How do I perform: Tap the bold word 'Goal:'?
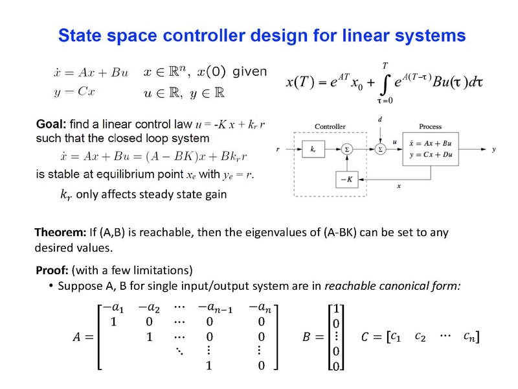click(51, 124)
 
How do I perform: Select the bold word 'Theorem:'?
click(60, 232)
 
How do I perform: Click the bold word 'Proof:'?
click(52, 270)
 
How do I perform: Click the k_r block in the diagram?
click(313, 149)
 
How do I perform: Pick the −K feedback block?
click(347, 180)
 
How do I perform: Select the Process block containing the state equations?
click(431, 149)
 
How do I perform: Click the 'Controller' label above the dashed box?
click(330, 126)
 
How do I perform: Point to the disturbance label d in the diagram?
click(380, 119)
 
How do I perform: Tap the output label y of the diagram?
click(493, 150)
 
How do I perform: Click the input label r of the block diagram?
click(278, 149)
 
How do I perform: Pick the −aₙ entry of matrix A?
click(260, 307)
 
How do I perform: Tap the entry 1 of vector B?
click(336, 309)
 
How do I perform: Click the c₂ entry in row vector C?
click(420, 336)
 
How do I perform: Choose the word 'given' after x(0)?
click(250, 71)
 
